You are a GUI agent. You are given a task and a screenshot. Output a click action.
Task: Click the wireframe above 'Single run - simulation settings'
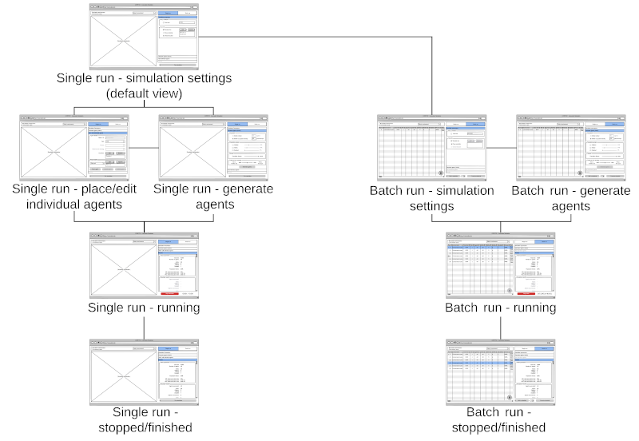tap(144, 36)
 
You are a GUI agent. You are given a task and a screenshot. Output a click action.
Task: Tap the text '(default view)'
tap(144, 93)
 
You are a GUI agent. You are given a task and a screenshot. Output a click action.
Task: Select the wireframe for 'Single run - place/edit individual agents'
tap(73, 148)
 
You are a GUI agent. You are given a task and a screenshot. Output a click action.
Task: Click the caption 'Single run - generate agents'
tap(212, 197)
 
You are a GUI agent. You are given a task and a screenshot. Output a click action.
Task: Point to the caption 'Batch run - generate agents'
tap(570, 198)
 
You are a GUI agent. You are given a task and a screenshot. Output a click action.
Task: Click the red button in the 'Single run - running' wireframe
tap(169, 293)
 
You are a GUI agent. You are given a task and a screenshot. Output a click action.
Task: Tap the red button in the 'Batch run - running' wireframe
tap(526, 293)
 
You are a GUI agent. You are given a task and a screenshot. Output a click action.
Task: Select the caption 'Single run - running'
tap(144, 308)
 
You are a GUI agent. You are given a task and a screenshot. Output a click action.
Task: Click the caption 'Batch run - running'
tap(500, 308)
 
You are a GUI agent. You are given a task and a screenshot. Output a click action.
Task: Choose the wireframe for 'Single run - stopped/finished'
tap(144, 372)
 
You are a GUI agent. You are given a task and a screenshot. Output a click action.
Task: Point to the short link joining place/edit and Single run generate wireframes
tap(144, 148)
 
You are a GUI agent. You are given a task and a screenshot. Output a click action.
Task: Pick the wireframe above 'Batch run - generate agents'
tap(570, 148)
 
